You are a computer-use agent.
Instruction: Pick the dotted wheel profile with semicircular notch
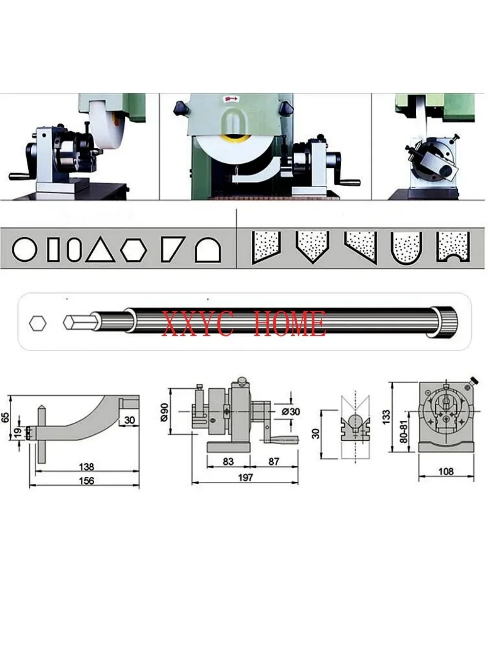pos(453,247)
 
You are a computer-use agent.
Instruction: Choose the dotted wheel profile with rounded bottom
pos(407,248)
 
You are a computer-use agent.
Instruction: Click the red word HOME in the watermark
pos(290,324)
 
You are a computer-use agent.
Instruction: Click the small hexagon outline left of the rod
pos(38,323)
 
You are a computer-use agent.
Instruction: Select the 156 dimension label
pos(86,480)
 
